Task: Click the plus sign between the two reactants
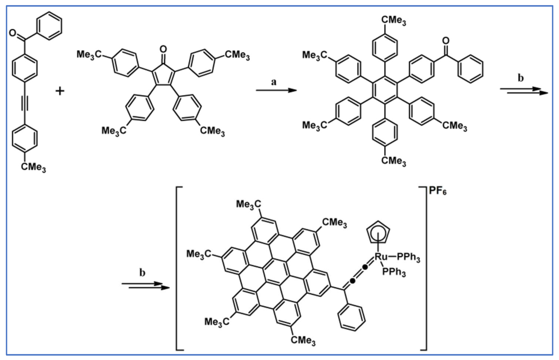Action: point(60,91)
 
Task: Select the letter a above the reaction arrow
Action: point(274,82)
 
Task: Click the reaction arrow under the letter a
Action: point(276,90)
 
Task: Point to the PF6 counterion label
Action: point(437,191)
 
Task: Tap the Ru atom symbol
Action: point(381,257)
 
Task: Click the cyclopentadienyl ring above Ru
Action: point(378,232)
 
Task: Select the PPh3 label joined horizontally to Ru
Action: point(408,257)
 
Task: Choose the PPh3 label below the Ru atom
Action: point(394,272)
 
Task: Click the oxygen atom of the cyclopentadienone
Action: point(163,49)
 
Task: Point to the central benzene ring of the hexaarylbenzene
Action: point(385,90)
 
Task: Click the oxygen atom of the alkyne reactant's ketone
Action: point(13,33)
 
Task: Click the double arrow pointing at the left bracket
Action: point(145,286)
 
